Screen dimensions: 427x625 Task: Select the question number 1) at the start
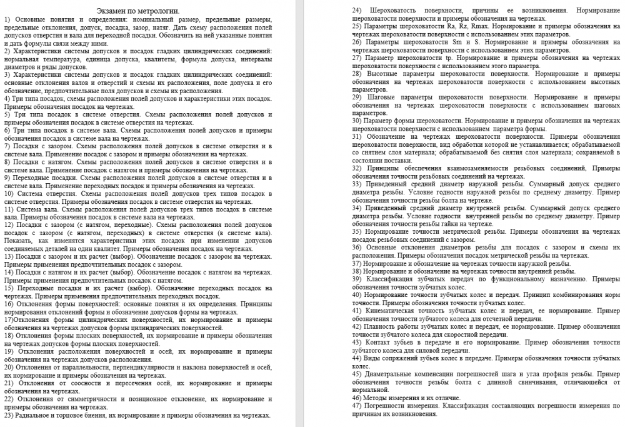tap(7, 20)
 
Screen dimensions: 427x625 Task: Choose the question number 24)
tap(358, 11)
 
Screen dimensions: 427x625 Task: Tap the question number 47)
tap(358, 406)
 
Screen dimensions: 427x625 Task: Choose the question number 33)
tap(358, 184)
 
